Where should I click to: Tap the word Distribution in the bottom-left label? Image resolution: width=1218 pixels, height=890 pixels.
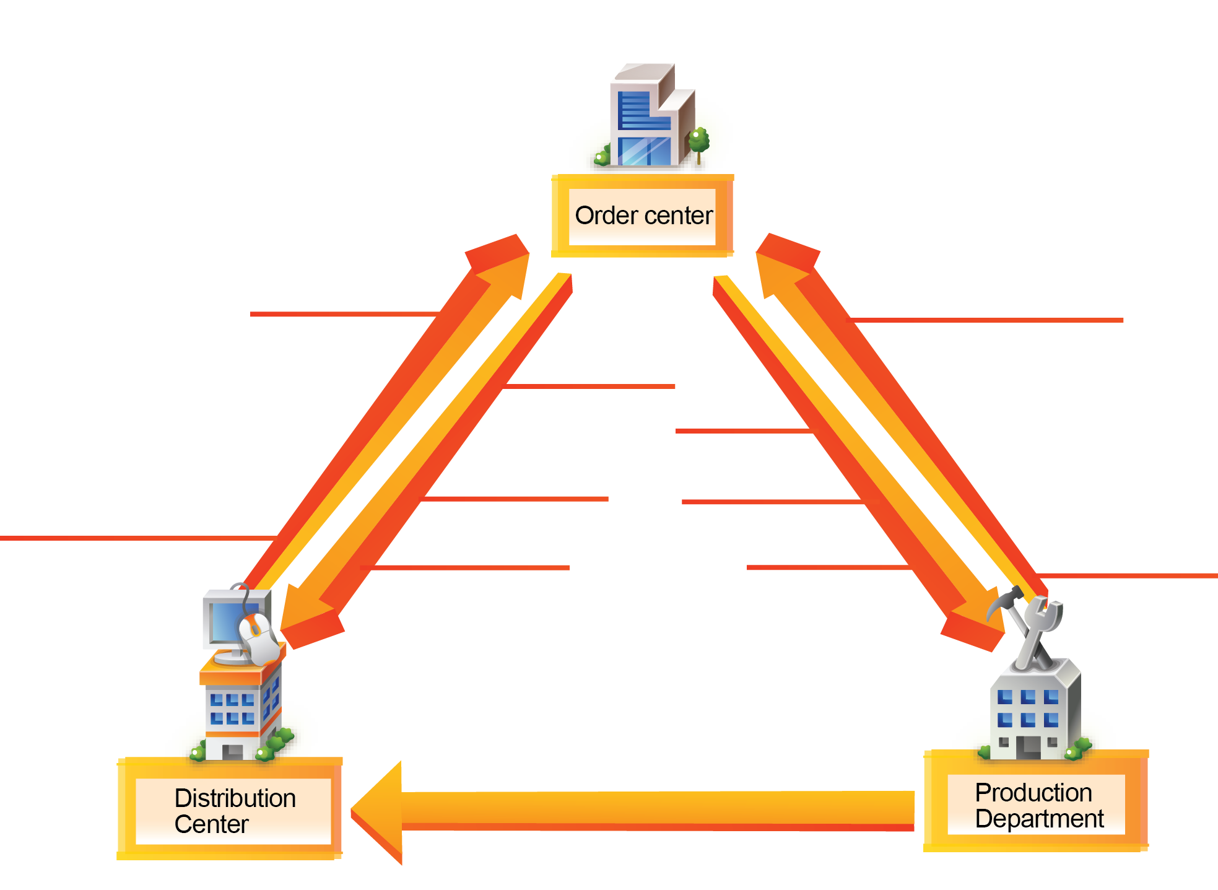pos(235,798)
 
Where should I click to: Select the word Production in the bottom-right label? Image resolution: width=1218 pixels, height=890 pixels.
pos(1033,793)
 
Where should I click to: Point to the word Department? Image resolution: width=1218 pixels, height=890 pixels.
pos(1039,819)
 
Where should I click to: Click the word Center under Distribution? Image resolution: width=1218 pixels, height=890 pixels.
pos(211,824)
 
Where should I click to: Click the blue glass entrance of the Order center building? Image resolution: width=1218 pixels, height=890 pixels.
pos(644,151)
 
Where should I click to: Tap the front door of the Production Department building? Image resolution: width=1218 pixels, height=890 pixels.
pos(1028,746)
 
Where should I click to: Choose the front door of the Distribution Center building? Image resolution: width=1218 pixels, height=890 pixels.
pos(232,751)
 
